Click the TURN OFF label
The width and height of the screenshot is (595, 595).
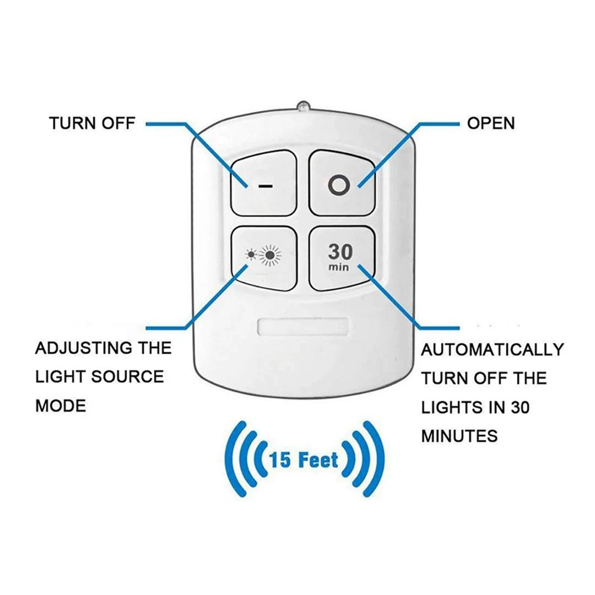(92, 123)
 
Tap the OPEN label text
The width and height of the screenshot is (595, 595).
(490, 123)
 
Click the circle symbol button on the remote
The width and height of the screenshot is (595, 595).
(340, 183)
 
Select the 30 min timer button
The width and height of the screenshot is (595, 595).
(342, 258)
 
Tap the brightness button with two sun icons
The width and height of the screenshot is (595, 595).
(263, 258)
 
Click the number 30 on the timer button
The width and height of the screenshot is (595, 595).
(340, 252)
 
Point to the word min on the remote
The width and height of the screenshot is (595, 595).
(339, 268)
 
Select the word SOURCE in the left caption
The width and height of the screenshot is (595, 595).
(127, 377)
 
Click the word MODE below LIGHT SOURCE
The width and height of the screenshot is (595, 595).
(61, 407)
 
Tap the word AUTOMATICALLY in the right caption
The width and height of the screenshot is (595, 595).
(493, 350)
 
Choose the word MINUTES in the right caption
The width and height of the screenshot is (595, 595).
(459, 436)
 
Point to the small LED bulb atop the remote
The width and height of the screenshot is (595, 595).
(302, 105)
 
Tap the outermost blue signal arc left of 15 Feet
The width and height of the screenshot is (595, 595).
(230, 458)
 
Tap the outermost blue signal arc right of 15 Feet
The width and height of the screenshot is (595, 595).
(376, 458)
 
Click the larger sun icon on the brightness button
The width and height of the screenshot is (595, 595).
(271, 256)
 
